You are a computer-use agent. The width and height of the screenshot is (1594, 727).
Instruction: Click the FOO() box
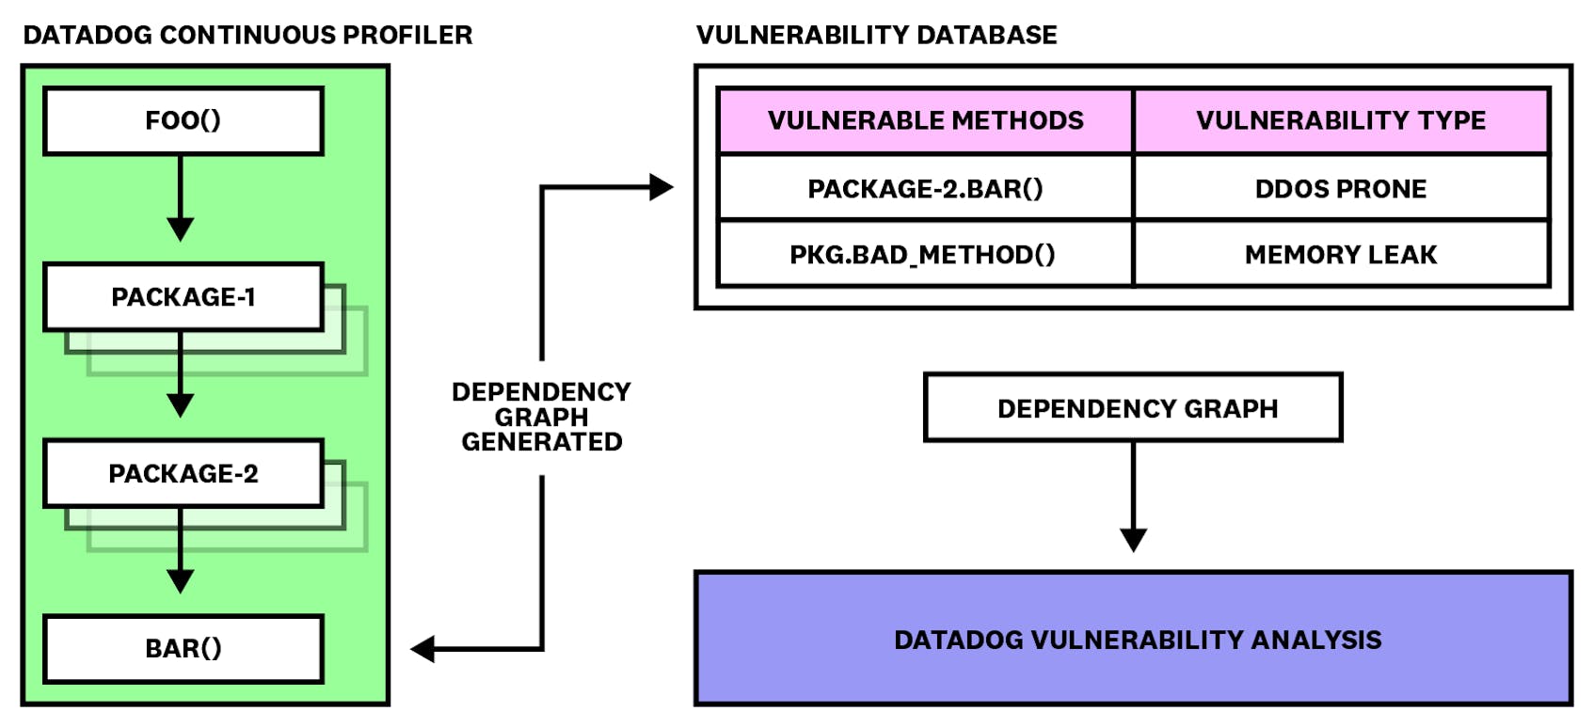(183, 120)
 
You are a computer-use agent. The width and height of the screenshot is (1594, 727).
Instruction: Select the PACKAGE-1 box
(183, 297)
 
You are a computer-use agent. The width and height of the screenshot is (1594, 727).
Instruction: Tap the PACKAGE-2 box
(183, 473)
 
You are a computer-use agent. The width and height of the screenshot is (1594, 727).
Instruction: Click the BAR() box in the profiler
(183, 649)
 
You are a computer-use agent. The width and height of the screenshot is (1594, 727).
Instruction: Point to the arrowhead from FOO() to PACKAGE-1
(180, 229)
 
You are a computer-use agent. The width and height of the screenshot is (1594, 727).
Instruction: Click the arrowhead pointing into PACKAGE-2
(180, 405)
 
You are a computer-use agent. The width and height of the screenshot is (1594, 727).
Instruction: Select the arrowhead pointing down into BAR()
(180, 580)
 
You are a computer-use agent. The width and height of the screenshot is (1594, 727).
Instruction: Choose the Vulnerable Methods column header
(925, 120)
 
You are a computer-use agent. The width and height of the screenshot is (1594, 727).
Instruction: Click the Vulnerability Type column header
(1341, 120)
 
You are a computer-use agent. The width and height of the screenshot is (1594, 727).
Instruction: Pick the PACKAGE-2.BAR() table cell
(925, 189)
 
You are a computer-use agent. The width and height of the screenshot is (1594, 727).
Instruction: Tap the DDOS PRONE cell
(1341, 189)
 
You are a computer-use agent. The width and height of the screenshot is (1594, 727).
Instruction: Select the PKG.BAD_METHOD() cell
(925, 255)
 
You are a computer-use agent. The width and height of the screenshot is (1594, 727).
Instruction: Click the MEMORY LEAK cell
(1341, 255)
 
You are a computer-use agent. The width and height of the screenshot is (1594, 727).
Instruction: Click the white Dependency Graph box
(1134, 408)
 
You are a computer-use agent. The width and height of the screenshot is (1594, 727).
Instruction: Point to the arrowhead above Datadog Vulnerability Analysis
(1134, 539)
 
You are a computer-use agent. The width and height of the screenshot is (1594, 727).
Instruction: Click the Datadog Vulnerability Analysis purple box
(1134, 640)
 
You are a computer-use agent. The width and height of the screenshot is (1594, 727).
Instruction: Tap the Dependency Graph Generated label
(541, 417)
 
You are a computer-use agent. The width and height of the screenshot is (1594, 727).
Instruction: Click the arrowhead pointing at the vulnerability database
(662, 188)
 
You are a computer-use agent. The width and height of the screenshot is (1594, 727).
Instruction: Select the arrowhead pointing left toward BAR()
(423, 649)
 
